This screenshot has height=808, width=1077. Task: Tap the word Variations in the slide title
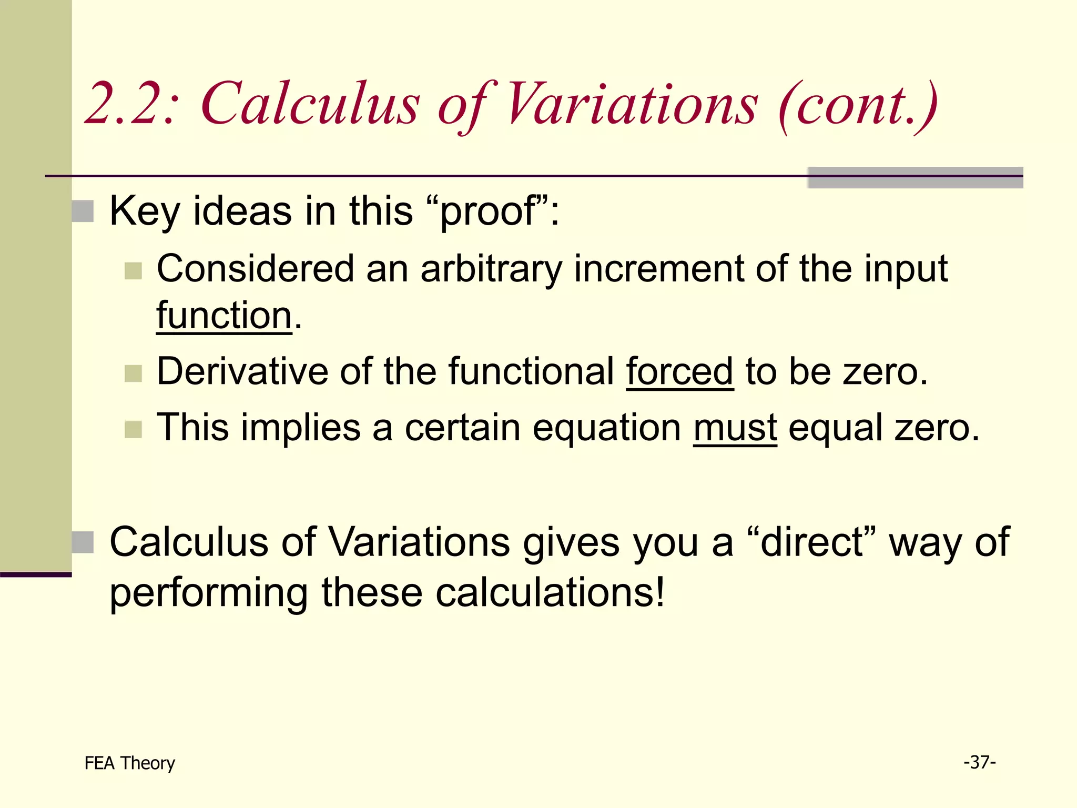pyautogui.click(x=631, y=104)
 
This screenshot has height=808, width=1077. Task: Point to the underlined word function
pyautogui.click(x=224, y=316)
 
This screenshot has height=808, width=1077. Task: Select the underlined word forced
pyautogui.click(x=679, y=371)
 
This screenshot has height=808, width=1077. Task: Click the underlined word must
pyautogui.click(x=735, y=427)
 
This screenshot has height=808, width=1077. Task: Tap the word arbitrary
pyautogui.click(x=491, y=269)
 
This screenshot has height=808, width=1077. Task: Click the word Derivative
pyautogui.click(x=242, y=371)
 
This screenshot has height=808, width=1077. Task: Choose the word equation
pyautogui.click(x=607, y=427)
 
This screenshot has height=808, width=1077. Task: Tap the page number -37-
pyautogui.click(x=980, y=762)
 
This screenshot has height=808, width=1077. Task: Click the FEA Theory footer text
pyautogui.click(x=129, y=763)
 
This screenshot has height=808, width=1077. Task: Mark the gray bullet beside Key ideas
pyautogui.click(x=83, y=211)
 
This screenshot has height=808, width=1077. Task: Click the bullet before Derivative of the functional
pyautogui.click(x=134, y=373)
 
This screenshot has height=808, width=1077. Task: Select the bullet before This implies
pyautogui.click(x=134, y=429)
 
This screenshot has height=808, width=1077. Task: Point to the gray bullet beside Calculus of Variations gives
pyautogui.click(x=83, y=542)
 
